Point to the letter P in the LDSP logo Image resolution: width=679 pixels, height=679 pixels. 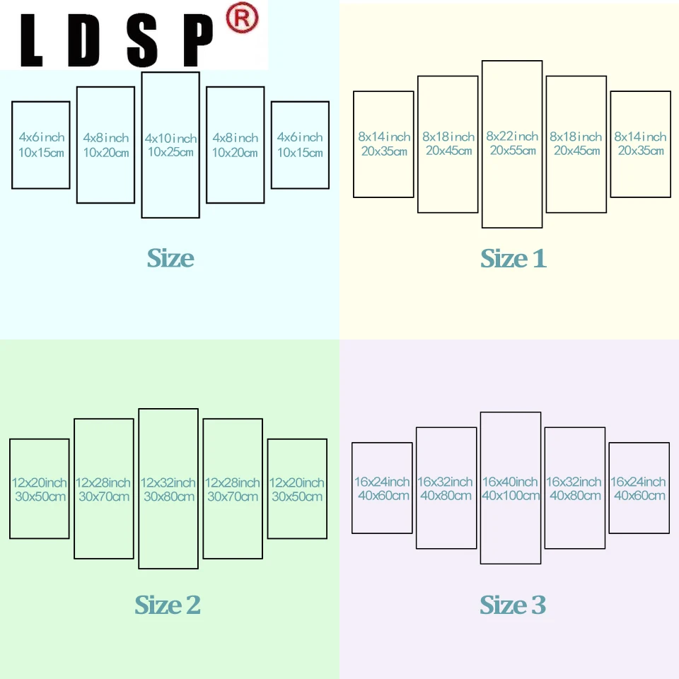[193, 40]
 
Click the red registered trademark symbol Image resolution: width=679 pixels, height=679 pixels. [241, 20]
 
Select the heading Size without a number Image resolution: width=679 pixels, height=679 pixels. [170, 259]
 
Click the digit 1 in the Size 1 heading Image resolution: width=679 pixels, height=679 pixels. [539, 259]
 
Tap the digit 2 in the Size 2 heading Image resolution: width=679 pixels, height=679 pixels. [192, 605]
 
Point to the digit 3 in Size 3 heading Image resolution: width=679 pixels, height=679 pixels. [538, 605]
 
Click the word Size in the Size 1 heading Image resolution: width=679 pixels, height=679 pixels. [503, 259]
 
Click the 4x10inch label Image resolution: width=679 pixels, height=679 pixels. [170, 139]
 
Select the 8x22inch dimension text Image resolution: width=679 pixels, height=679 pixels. [512, 137]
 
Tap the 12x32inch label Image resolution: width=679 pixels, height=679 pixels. [168, 483]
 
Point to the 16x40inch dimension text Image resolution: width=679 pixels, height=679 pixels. [511, 482]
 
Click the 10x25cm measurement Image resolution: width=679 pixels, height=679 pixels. [170, 153]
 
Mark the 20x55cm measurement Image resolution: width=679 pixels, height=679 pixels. [512, 151]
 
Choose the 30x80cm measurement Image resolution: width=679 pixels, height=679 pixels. [168, 497]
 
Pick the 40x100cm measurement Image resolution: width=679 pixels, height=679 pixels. [511, 496]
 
